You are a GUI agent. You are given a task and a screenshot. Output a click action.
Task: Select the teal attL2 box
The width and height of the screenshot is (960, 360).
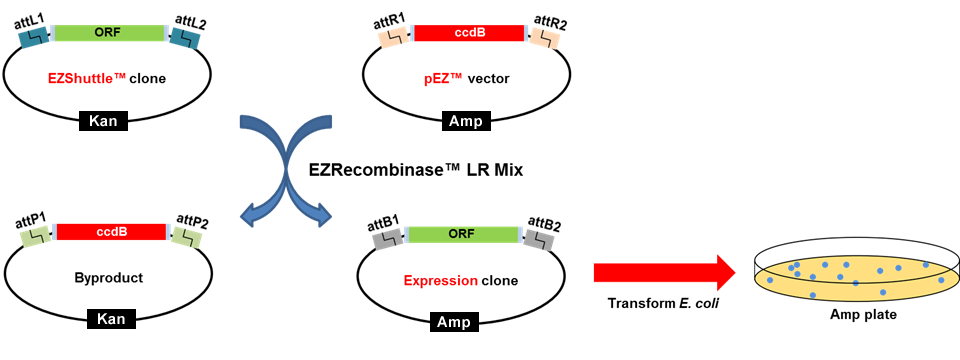point(185,37)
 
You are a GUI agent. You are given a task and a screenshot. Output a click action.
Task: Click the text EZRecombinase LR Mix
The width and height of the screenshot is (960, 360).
point(429,170)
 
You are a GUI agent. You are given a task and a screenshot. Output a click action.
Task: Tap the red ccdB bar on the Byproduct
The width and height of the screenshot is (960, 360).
point(111,232)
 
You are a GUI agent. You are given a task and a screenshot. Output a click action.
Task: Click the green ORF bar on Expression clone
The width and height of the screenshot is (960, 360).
point(461,234)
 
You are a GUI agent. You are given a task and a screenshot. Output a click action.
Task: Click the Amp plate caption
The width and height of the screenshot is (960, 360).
point(862,315)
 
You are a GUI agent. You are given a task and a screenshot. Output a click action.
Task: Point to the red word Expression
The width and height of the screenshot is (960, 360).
point(440,280)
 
